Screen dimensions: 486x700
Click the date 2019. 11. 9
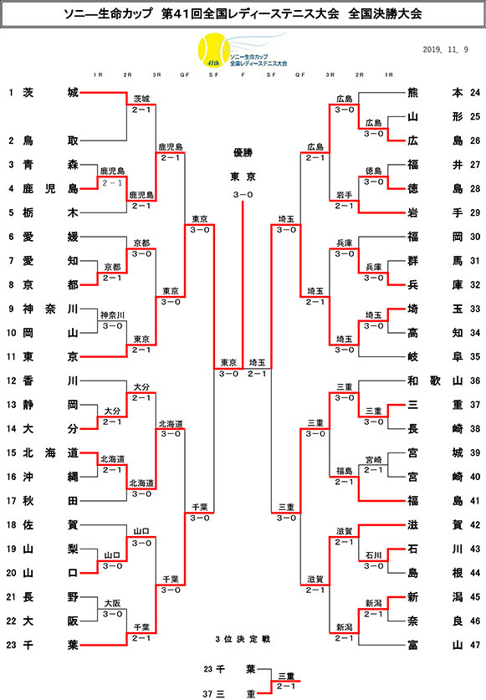pyautogui.click(x=445, y=49)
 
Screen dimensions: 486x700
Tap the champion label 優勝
pyautogui.click(x=243, y=153)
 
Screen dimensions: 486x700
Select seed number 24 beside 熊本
pyautogui.click(x=475, y=92)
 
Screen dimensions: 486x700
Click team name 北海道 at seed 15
pyautogui.click(x=50, y=453)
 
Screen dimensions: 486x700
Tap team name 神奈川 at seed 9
pyautogui.click(x=50, y=309)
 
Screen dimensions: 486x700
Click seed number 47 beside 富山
pyautogui.click(x=475, y=645)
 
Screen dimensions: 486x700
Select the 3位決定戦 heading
pyautogui.click(x=243, y=639)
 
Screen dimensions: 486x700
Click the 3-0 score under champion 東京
pyautogui.click(x=243, y=195)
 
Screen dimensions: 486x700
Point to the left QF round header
pyautogui.click(x=185, y=75)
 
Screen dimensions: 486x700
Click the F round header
pyautogui.click(x=243, y=75)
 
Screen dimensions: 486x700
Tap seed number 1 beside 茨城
pyautogui.click(x=11, y=92)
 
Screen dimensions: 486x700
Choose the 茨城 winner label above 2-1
pyautogui.click(x=141, y=100)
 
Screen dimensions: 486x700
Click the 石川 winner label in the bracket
pyautogui.click(x=373, y=555)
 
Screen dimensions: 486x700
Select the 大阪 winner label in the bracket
pyautogui.click(x=113, y=604)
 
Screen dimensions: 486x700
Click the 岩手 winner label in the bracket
pyautogui.click(x=345, y=195)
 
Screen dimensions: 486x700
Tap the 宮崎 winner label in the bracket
pyautogui.click(x=373, y=459)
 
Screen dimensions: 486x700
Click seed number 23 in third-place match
pyautogui.click(x=208, y=669)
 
